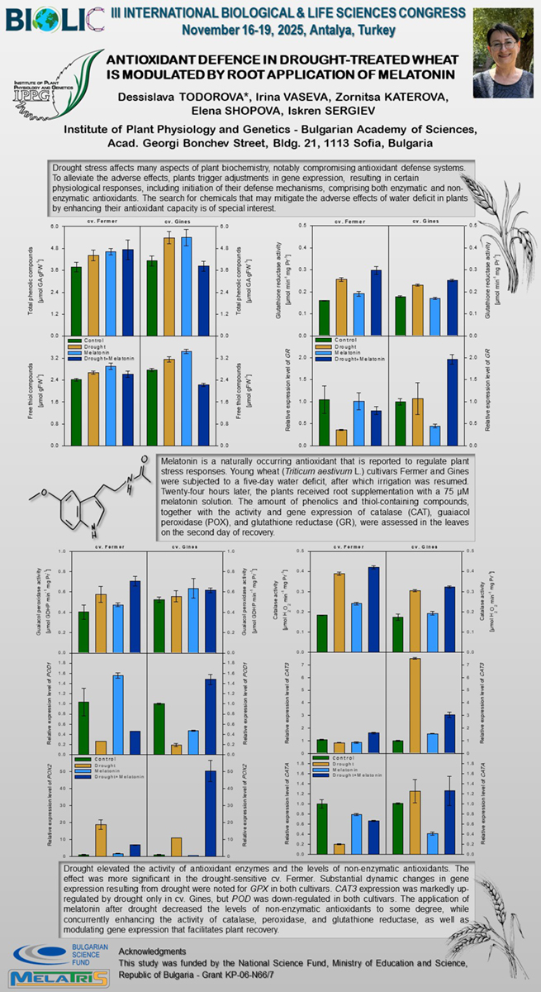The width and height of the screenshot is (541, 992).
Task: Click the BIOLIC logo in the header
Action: [55, 17]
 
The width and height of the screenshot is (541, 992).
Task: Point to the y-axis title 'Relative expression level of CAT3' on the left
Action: [287, 703]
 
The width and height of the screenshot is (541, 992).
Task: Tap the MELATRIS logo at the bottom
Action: [57, 978]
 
